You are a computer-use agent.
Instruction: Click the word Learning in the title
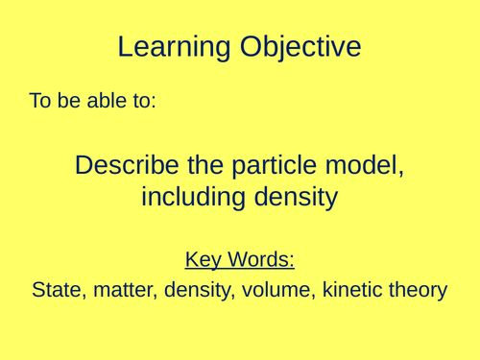coord(171,47)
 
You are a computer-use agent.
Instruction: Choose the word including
coord(191,198)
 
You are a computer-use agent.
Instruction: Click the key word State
coord(57,288)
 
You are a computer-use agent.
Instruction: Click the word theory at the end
coord(414,288)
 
